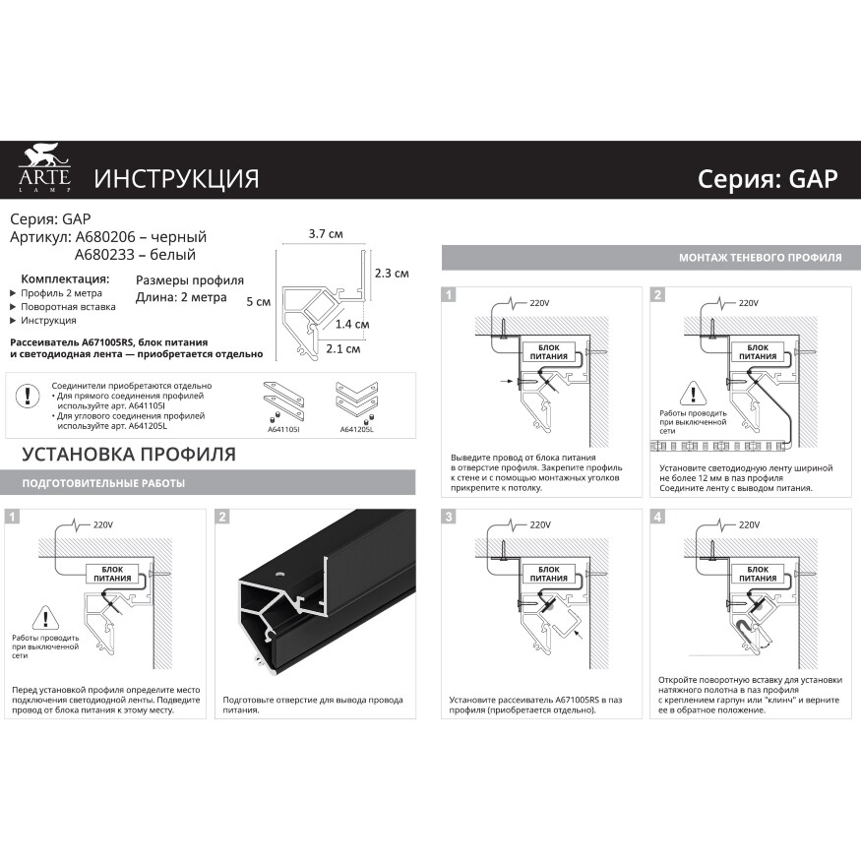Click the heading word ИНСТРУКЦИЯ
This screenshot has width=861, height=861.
tap(176, 178)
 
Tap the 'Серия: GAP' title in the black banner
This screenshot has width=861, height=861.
tap(767, 178)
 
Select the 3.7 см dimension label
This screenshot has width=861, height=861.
tap(325, 234)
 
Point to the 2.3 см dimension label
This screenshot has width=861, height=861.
tap(391, 273)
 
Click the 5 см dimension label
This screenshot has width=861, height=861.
tap(258, 302)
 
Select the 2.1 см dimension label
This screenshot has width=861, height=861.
tap(342, 348)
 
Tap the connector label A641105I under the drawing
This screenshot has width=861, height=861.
tap(283, 429)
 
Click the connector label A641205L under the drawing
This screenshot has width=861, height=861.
tap(355, 429)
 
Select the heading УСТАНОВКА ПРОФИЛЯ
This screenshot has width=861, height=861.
tap(128, 455)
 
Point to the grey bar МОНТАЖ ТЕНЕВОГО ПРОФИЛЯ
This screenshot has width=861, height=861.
tap(760, 258)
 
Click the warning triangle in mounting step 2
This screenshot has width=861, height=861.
tap(694, 396)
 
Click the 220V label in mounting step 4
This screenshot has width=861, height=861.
tap(748, 525)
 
